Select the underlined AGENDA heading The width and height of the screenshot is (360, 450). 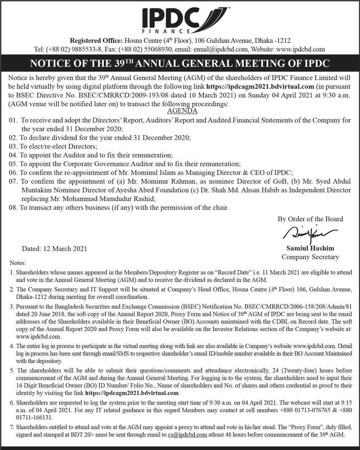click(182, 111)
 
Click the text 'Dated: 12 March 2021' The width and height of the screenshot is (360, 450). click(54, 249)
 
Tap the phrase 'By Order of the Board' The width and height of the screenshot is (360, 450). click(310, 219)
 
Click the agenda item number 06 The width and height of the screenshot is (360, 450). click(13, 173)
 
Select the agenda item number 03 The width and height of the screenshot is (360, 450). click(13, 147)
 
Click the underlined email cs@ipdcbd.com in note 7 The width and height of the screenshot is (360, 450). click(187, 435)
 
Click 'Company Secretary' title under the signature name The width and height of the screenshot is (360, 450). click(310, 257)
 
